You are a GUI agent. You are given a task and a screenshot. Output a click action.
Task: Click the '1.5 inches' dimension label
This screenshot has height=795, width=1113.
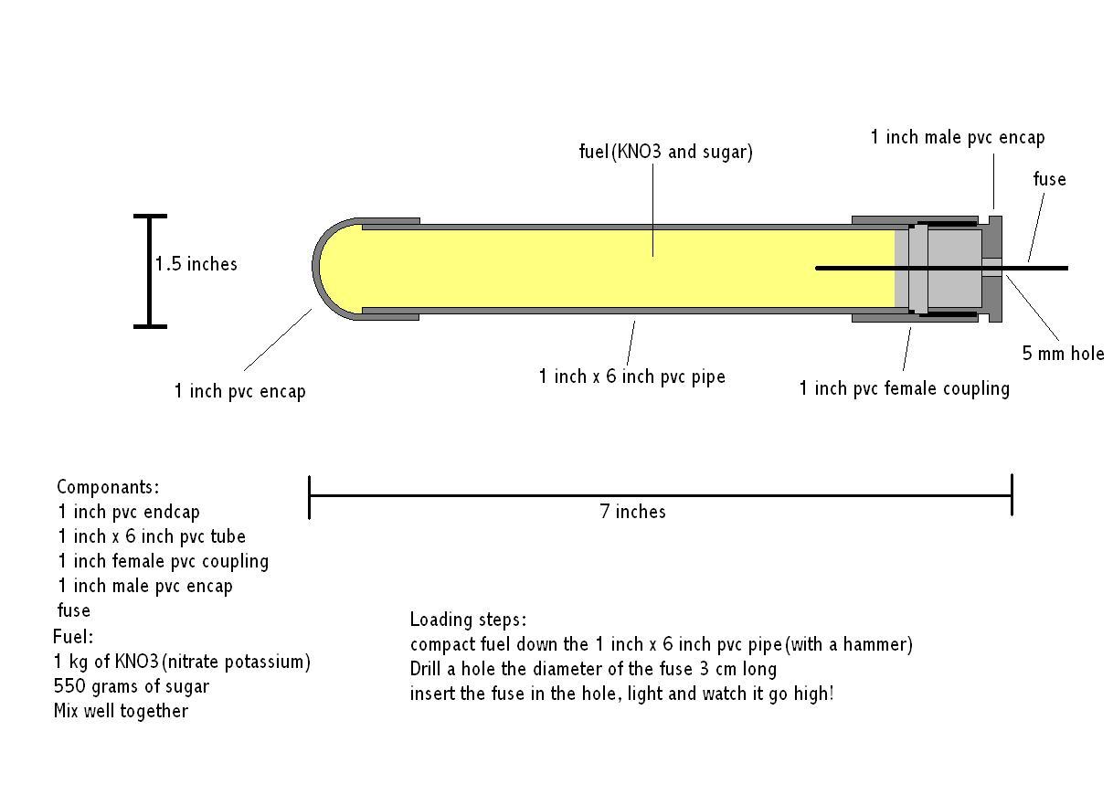pos(196,264)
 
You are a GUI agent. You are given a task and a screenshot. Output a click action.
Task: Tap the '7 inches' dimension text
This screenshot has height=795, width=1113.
pos(632,512)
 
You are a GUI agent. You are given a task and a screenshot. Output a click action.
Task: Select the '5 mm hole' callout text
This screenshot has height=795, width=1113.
pos(1063,354)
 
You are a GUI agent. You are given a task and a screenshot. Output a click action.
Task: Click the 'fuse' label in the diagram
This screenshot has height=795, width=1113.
pos(1049,179)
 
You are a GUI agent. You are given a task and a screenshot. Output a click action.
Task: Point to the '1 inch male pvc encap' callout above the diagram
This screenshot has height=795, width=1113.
pos(957,137)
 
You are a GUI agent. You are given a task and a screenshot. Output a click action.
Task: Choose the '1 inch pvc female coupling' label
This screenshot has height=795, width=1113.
pos(904,388)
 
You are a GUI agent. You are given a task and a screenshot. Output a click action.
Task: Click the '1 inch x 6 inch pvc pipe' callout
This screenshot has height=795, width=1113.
pos(631,376)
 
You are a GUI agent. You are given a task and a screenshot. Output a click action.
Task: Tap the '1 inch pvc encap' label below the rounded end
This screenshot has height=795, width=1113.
pos(239,391)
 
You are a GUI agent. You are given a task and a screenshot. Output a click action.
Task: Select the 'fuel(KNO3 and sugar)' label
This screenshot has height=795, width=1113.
pos(665,152)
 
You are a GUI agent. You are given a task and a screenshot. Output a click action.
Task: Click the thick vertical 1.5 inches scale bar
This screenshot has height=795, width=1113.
pos(150,270)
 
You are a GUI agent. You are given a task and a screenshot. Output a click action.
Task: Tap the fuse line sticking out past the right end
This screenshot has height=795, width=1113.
pos(1037,268)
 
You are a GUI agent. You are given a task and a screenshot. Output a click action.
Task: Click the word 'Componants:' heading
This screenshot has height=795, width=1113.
pos(108,487)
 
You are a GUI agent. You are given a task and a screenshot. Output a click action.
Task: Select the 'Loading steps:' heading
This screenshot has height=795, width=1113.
pos(468,620)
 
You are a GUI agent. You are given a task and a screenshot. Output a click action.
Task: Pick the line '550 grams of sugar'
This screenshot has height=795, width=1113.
pos(132,686)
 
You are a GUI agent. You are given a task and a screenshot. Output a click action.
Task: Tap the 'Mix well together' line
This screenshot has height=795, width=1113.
pos(121,711)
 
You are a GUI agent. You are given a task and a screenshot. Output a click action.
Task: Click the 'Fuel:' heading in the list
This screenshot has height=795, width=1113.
pos(73,637)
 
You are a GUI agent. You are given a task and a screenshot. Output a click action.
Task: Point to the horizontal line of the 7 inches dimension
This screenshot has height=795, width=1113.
pos(457,495)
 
